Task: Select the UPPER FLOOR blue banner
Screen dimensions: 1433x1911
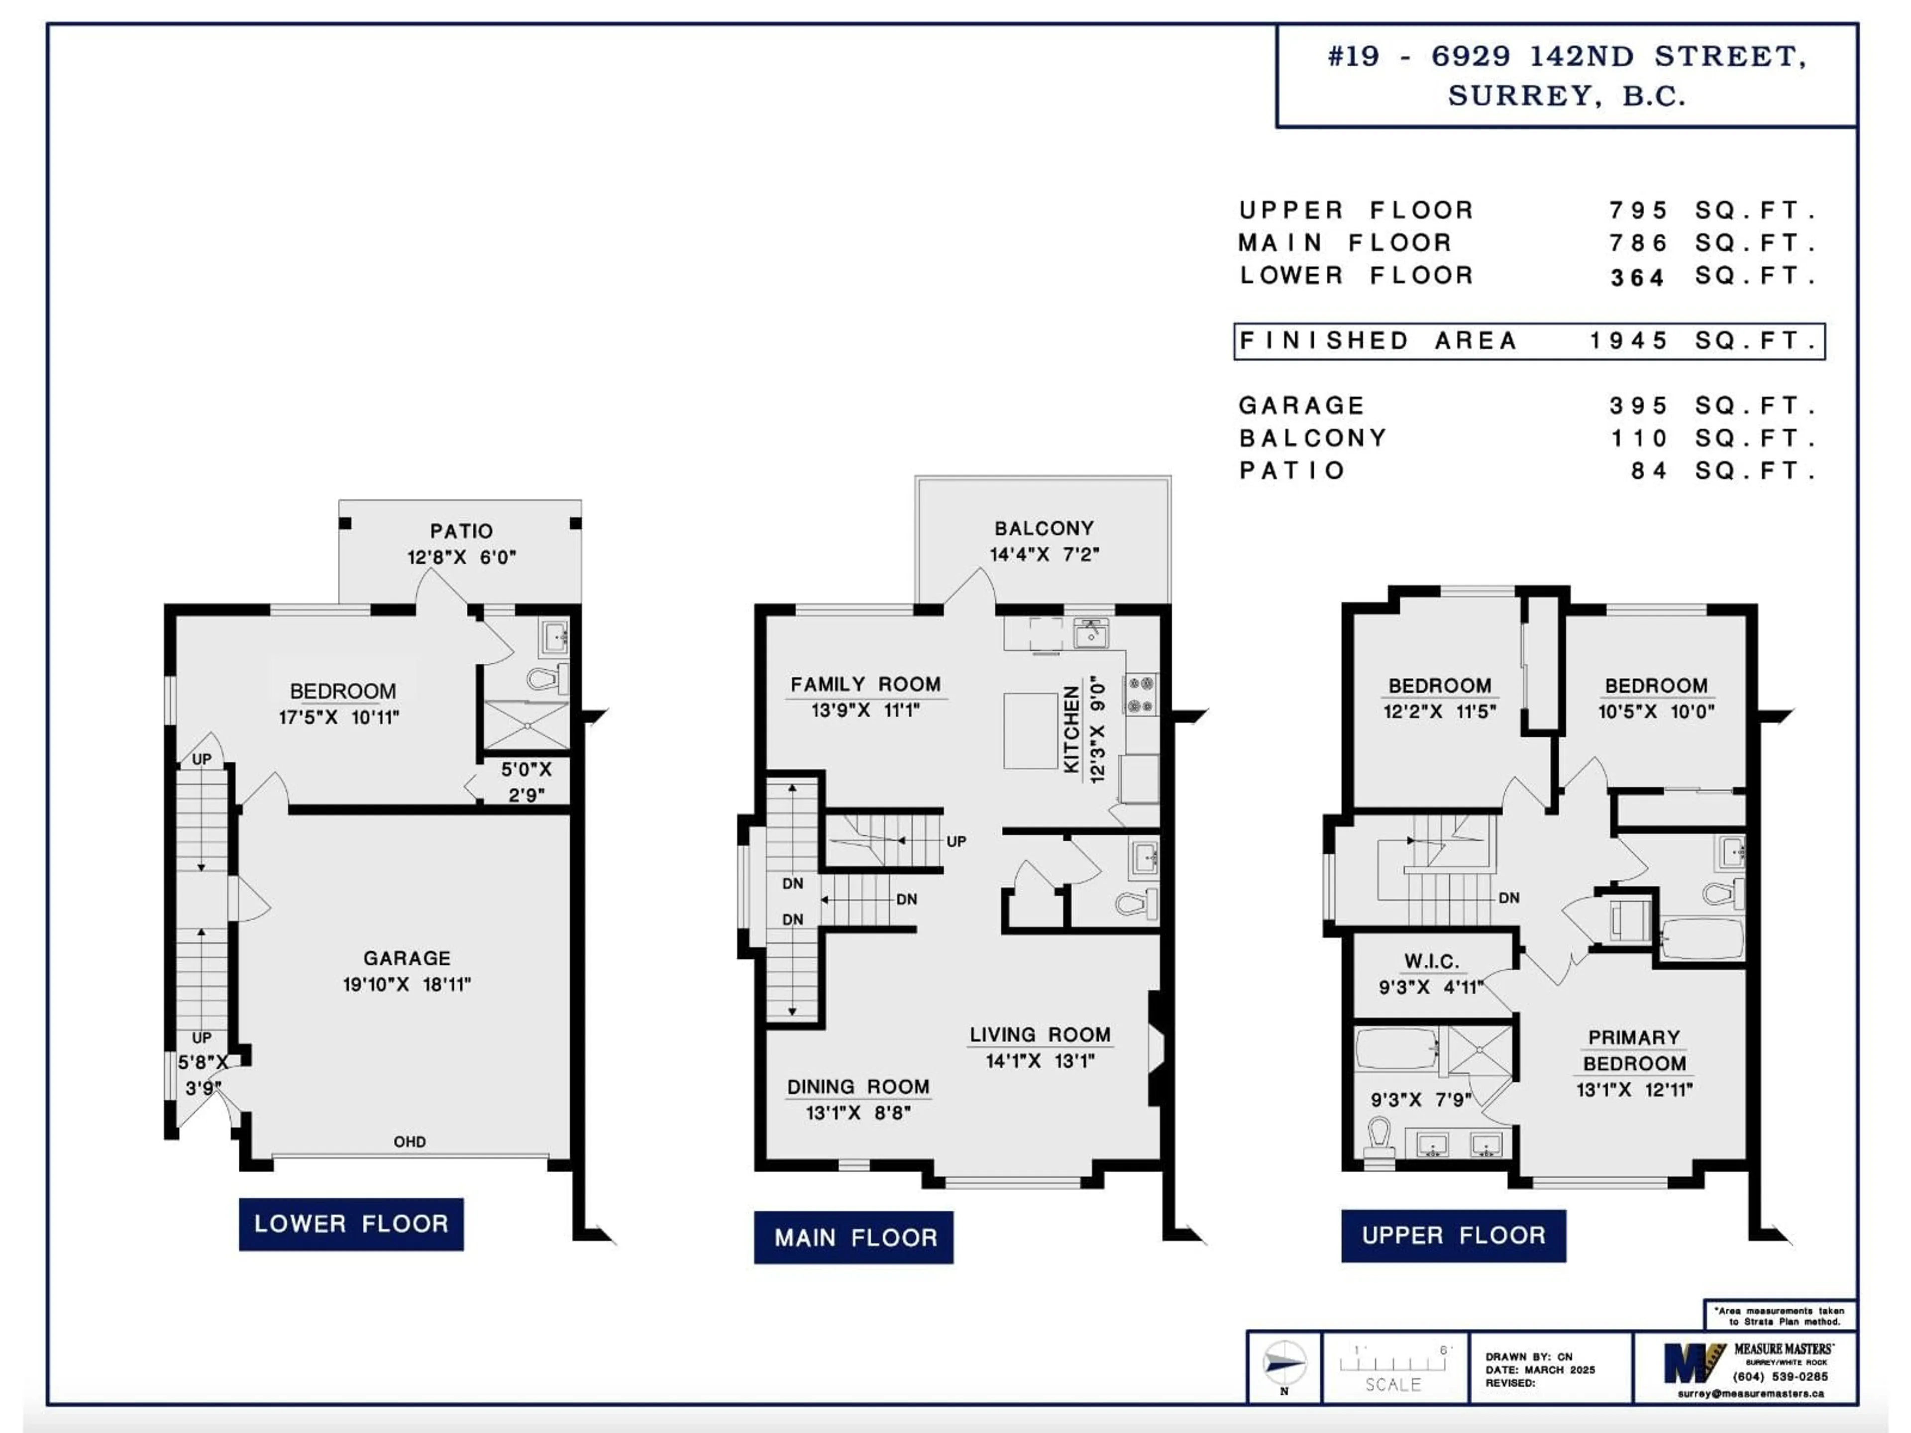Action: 1453,1234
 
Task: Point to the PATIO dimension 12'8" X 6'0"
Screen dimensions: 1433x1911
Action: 461,557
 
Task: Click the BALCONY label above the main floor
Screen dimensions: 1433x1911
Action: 1044,528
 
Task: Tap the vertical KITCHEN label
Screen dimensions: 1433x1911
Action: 1071,730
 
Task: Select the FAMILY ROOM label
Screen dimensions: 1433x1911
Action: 865,684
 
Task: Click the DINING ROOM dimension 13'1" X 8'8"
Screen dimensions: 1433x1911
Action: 858,1113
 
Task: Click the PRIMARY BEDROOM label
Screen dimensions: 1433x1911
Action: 1634,1050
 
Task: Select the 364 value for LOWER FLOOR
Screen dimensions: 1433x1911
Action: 1637,277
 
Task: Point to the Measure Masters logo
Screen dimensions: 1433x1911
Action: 1694,1363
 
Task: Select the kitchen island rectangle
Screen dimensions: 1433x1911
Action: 1030,730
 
